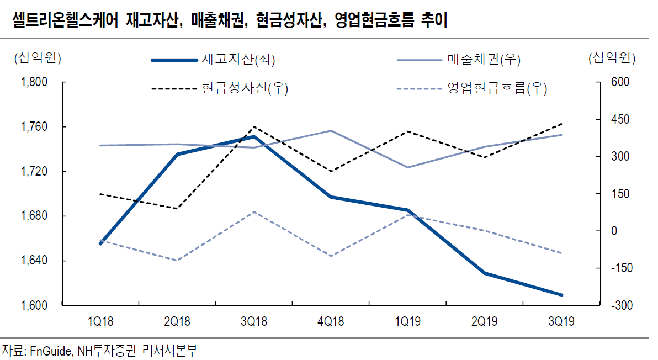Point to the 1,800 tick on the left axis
[x=35, y=82]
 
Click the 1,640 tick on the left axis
[x=35, y=261]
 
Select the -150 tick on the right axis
[x=618, y=268]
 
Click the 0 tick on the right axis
[x=613, y=231]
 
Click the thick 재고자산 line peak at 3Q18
[x=254, y=136]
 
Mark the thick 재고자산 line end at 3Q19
[x=562, y=295]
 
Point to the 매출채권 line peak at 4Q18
[x=331, y=131]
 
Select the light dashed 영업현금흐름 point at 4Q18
[x=331, y=256]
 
